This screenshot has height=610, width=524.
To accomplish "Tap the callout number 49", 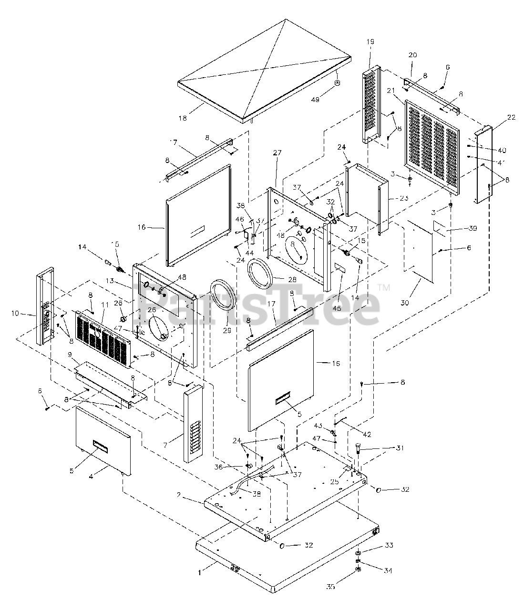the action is [x=315, y=100].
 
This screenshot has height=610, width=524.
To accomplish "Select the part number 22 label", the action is [x=497, y=118].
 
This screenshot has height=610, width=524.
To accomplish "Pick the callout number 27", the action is [x=277, y=153].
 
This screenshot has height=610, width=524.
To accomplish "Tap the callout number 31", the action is [x=400, y=448].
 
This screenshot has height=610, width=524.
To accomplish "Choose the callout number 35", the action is [x=330, y=587].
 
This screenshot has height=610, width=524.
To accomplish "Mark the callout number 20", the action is [x=412, y=55].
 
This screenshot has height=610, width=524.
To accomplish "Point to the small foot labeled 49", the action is [x=338, y=83].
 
